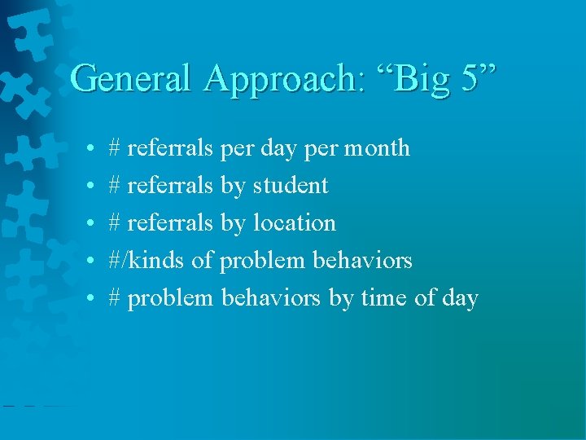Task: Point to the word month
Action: (x=377, y=148)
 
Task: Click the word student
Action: (x=291, y=186)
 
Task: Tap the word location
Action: (x=294, y=223)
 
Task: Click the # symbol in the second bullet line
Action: (x=115, y=186)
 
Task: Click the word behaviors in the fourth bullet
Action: (x=362, y=261)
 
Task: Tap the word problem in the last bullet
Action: (x=170, y=299)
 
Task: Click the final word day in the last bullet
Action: (x=461, y=299)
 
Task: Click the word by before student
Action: (x=233, y=187)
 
